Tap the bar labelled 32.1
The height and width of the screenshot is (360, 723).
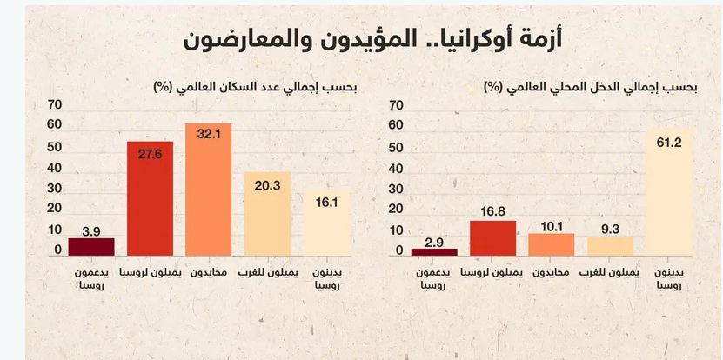point(209,191)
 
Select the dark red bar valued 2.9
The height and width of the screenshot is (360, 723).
point(434,252)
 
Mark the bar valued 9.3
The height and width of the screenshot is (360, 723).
point(611,246)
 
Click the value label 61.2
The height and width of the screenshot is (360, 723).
point(669,143)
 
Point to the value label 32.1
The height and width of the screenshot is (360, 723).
point(209,136)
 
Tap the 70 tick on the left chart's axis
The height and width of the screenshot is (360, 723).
point(53,105)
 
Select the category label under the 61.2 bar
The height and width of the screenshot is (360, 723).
point(669,278)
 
